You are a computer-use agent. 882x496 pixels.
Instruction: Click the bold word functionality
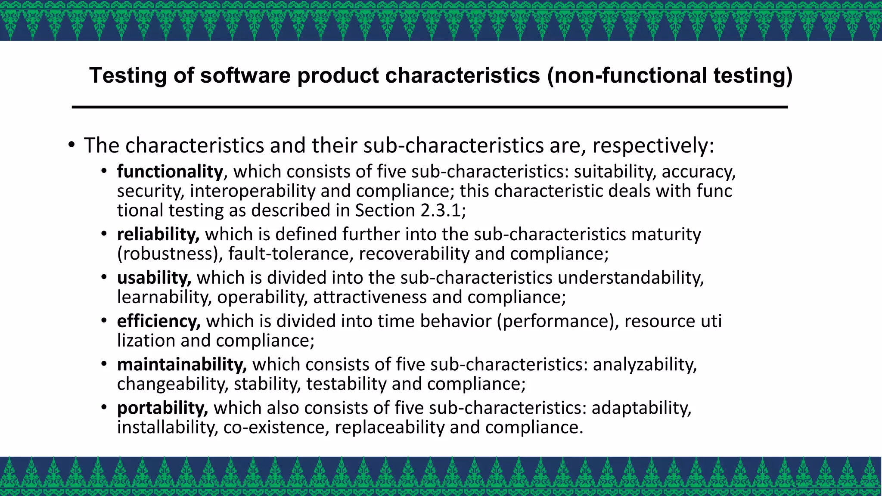[x=170, y=172]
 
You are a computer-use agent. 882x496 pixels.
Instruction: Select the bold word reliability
[x=158, y=234]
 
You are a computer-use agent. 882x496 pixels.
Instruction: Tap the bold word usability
[x=154, y=278]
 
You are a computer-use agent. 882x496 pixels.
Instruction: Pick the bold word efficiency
[x=158, y=321]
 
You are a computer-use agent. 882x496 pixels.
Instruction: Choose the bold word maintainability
[x=182, y=365]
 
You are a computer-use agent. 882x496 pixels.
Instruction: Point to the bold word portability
[x=162, y=408]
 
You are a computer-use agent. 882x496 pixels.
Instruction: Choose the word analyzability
[x=645, y=365]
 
